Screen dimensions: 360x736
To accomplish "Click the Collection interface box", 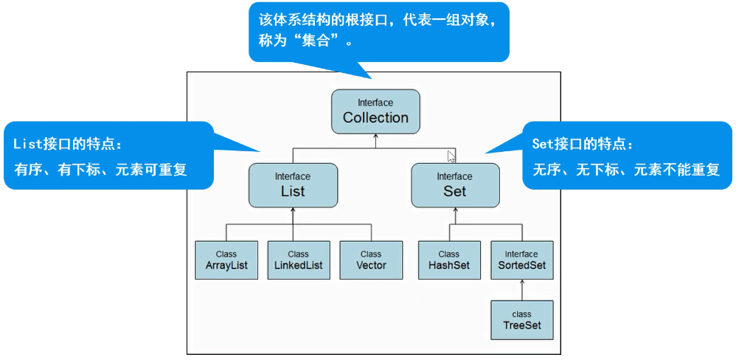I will (x=375, y=111).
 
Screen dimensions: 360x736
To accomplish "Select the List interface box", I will (x=293, y=185).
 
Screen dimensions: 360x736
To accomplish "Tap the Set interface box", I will (x=455, y=185).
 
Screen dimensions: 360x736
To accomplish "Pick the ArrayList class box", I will (x=226, y=260).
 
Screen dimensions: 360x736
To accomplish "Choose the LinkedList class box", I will (x=299, y=260).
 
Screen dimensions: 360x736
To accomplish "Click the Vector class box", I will (x=371, y=260).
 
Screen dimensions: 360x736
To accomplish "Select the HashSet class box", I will (x=448, y=260).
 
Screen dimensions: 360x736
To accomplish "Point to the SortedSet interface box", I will (x=521, y=260).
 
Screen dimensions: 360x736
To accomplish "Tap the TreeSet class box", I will (x=521, y=319).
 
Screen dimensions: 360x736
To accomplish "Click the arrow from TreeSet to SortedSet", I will (x=521, y=291).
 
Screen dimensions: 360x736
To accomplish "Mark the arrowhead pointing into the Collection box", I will (x=375, y=137).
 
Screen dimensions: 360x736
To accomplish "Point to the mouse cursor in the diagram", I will (x=451, y=156).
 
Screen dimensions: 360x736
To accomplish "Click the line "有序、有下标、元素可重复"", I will (x=100, y=170).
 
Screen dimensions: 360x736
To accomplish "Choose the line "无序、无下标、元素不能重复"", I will (x=625, y=170).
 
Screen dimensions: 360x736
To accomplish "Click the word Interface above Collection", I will (x=375, y=103).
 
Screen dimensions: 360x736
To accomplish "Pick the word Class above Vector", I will (x=371, y=254).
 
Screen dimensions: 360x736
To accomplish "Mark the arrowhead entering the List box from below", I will (x=293, y=210).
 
